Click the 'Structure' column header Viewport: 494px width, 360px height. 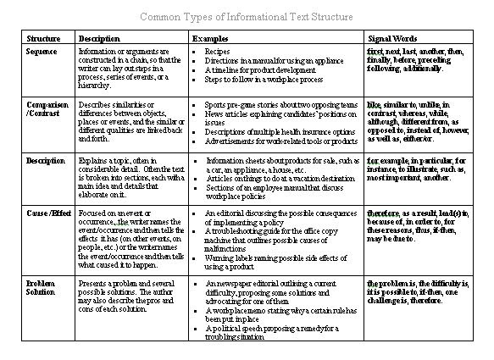point(43,39)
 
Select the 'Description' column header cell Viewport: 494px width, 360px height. point(99,39)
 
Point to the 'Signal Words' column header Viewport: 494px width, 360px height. point(391,39)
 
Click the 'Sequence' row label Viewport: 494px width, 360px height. point(42,52)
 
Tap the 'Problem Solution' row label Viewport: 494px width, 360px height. point(42,286)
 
